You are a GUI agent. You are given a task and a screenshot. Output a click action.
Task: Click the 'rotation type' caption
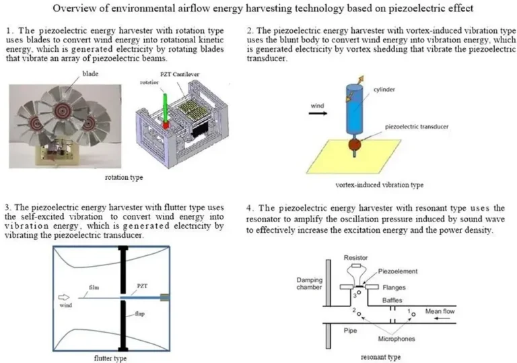click(125, 178)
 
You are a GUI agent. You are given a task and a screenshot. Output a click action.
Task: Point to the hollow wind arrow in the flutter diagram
click(64, 298)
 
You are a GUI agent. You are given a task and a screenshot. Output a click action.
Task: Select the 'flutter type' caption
click(110, 358)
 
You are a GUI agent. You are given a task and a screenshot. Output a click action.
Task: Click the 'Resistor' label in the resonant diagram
click(356, 258)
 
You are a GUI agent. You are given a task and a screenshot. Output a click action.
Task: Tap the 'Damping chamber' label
click(310, 284)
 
